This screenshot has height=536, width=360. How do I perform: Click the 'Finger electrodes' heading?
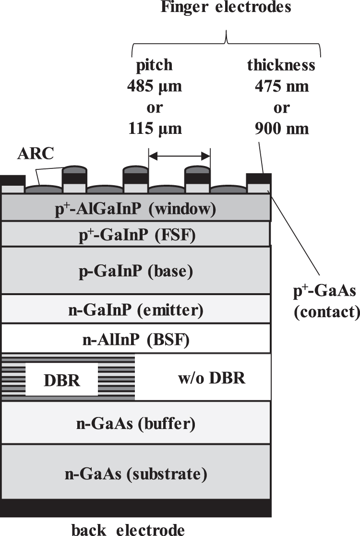click(226, 8)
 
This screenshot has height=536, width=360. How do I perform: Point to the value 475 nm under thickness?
click(281, 87)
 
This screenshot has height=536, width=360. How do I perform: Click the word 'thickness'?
click(281, 65)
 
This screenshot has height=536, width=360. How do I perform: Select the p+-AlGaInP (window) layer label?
click(136, 209)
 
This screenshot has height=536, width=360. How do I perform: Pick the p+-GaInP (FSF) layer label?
click(136, 235)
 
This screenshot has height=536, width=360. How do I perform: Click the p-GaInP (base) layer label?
click(136, 271)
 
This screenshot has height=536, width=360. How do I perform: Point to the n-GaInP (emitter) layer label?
click(136, 310)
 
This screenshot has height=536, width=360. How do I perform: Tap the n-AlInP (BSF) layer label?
click(136, 341)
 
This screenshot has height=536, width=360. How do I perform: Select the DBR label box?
click(61, 380)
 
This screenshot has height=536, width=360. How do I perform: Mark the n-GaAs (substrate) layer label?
click(136, 474)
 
